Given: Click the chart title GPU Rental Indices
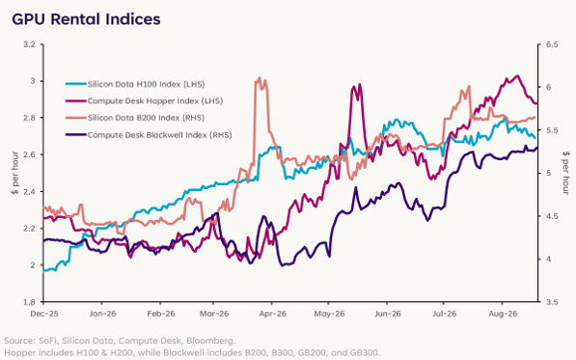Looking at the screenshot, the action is tap(86, 19).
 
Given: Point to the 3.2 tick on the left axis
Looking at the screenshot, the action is tap(29, 44).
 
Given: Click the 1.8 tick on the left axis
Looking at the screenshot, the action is tap(29, 302).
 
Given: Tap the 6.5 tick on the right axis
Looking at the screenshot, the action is tap(552, 44).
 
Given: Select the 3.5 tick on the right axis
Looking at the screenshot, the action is tap(552, 302).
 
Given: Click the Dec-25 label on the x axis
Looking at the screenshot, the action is tap(44, 314).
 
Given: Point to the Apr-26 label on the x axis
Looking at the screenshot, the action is tap(273, 314).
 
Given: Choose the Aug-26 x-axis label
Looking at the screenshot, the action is tap(503, 314).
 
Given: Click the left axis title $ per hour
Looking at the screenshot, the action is tap(14, 173).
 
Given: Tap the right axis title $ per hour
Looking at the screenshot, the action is tap(565, 173).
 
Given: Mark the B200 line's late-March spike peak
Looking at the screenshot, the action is tap(260, 78).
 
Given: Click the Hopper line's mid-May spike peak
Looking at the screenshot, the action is tap(359, 85).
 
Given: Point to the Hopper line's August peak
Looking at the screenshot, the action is tap(517, 76).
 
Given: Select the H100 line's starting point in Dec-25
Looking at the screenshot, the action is tap(43, 271).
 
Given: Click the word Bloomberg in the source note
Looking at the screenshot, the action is tap(210, 341).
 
